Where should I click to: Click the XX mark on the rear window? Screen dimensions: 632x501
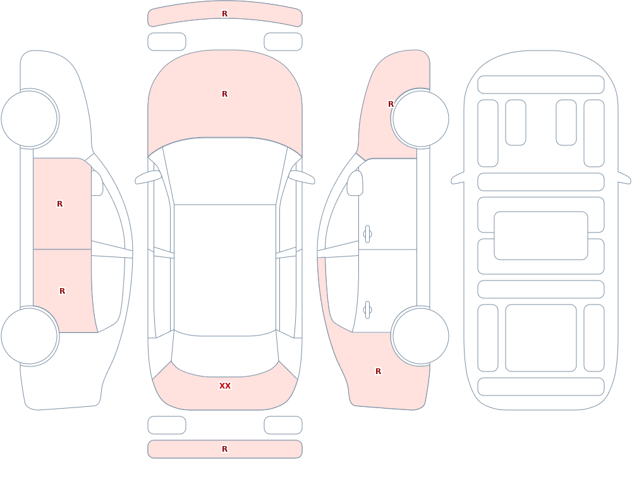coord(225,386)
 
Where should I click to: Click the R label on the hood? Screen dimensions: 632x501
coord(225,94)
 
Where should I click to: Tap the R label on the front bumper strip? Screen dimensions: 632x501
coord(225,14)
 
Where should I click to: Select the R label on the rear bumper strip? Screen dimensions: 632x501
coord(225,449)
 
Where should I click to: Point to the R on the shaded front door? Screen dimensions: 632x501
coord(59,204)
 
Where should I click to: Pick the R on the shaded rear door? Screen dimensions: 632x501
coord(62,291)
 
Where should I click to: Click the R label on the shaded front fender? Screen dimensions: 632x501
coord(391,104)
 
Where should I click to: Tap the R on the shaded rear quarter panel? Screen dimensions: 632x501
coord(378,371)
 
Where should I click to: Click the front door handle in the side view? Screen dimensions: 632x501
coord(367,234)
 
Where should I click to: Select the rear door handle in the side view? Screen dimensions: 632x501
coord(367,310)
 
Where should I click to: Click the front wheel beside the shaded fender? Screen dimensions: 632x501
coord(420,119)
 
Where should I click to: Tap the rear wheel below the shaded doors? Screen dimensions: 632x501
coord(29,335)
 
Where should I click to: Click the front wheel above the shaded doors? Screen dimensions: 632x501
coord(29,119)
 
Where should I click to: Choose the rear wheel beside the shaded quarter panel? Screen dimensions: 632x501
coord(420,335)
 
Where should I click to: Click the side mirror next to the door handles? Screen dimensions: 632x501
coord(355,183)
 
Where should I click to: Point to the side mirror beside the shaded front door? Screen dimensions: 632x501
coord(97,183)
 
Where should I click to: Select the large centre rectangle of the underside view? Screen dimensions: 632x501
coord(541,236)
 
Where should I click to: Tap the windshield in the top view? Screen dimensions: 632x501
coord(225,171)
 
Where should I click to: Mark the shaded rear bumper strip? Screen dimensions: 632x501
coord(225,449)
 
